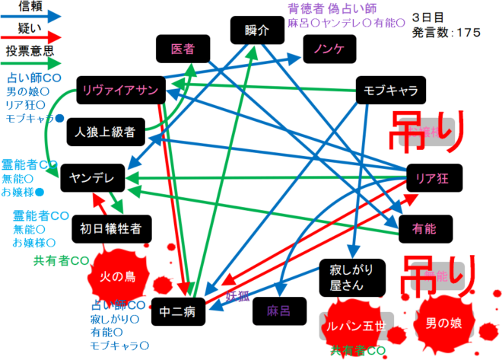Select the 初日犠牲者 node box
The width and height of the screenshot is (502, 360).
click(111, 227)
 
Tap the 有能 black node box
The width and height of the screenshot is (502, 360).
click(424, 227)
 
